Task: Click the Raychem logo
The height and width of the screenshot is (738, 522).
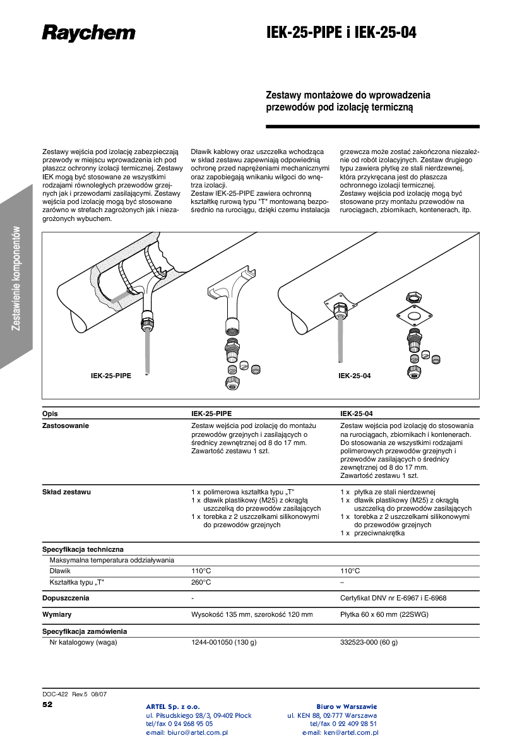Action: [88, 33]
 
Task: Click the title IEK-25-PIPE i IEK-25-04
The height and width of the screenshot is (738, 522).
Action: [341, 33]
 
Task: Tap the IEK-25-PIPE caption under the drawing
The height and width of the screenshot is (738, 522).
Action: [111, 376]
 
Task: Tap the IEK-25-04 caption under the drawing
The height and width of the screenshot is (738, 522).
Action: [354, 376]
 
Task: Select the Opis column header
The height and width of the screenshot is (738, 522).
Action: [50, 414]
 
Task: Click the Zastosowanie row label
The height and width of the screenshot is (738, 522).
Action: [66, 426]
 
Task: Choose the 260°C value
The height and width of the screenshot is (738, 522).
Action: [201, 582]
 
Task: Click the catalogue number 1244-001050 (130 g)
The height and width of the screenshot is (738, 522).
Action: [224, 643]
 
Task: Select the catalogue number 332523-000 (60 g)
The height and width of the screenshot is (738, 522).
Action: [369, 643]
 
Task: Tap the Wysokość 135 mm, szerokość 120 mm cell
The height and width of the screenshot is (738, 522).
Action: [252, 614]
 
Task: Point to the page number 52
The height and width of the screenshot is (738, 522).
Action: [47, 704]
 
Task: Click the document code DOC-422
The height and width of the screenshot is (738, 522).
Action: [55, 694]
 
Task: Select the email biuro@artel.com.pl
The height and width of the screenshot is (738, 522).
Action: [187, 733]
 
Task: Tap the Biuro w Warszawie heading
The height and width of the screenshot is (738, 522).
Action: [347, 706]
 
